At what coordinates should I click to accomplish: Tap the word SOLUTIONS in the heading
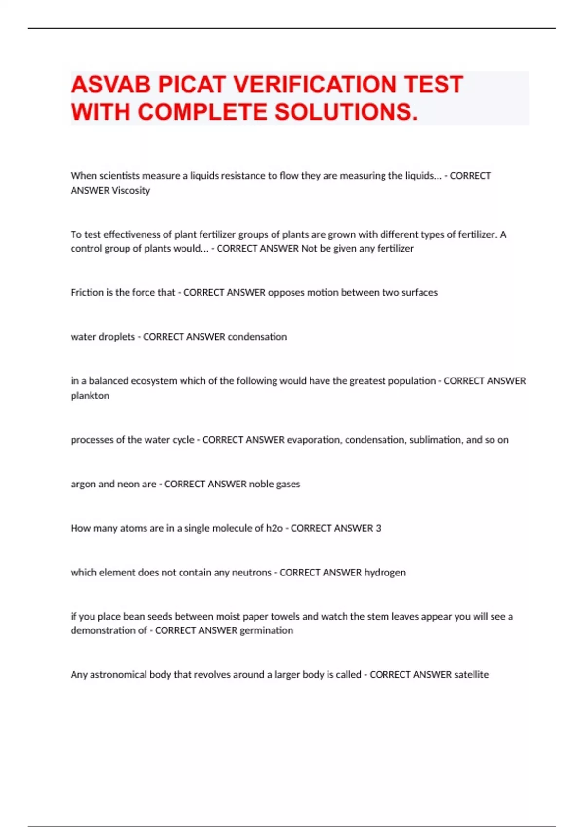pyautogui.click(x=346, y=112)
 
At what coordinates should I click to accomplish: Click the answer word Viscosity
pyautogui.click(x=131, y=190)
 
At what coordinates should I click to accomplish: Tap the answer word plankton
pyautogui.click(x=90, y=396)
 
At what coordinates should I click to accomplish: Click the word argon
pyautogui.click(x=83, y=484)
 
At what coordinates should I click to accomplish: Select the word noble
pyautogui.click(x=261, y=484)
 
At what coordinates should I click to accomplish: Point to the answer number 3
pyautogui.click(x=378, y=528)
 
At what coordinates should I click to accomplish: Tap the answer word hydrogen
pyautogui.click(x=385, y=573)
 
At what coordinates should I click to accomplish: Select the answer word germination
pyautogui.click(x=267, y=630)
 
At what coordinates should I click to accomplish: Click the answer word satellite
pyautogui.click(x=471, y=675)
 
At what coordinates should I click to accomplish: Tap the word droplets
pyautogui.click(x=117, y=337)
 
